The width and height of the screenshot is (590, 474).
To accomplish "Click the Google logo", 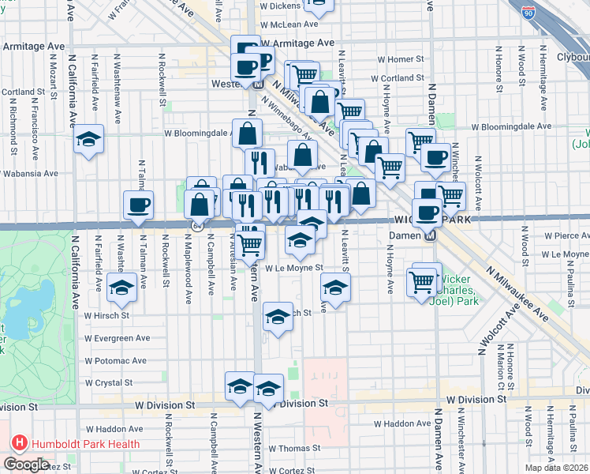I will point(26,465).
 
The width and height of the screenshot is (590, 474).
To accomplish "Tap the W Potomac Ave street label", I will point(116,360).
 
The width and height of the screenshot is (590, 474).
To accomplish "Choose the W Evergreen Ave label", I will point(118,337).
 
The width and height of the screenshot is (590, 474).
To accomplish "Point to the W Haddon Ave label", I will point(114,429).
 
